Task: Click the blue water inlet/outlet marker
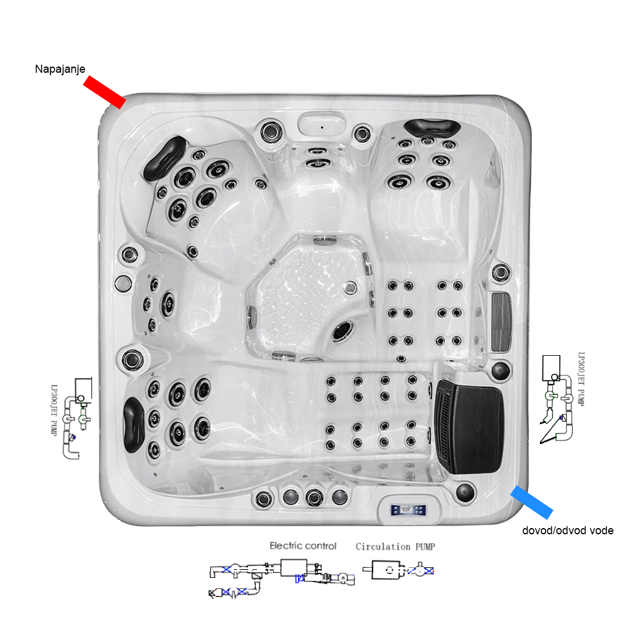pos(531,502)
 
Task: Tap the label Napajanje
pos(59,69)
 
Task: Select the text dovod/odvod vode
pos(567,531)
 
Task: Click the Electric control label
pos(303,545)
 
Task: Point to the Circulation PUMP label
pos(395,547)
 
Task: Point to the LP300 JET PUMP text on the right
pos(582,379)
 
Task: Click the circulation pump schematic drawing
pos(398,569)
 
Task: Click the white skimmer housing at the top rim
pos(322,123)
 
